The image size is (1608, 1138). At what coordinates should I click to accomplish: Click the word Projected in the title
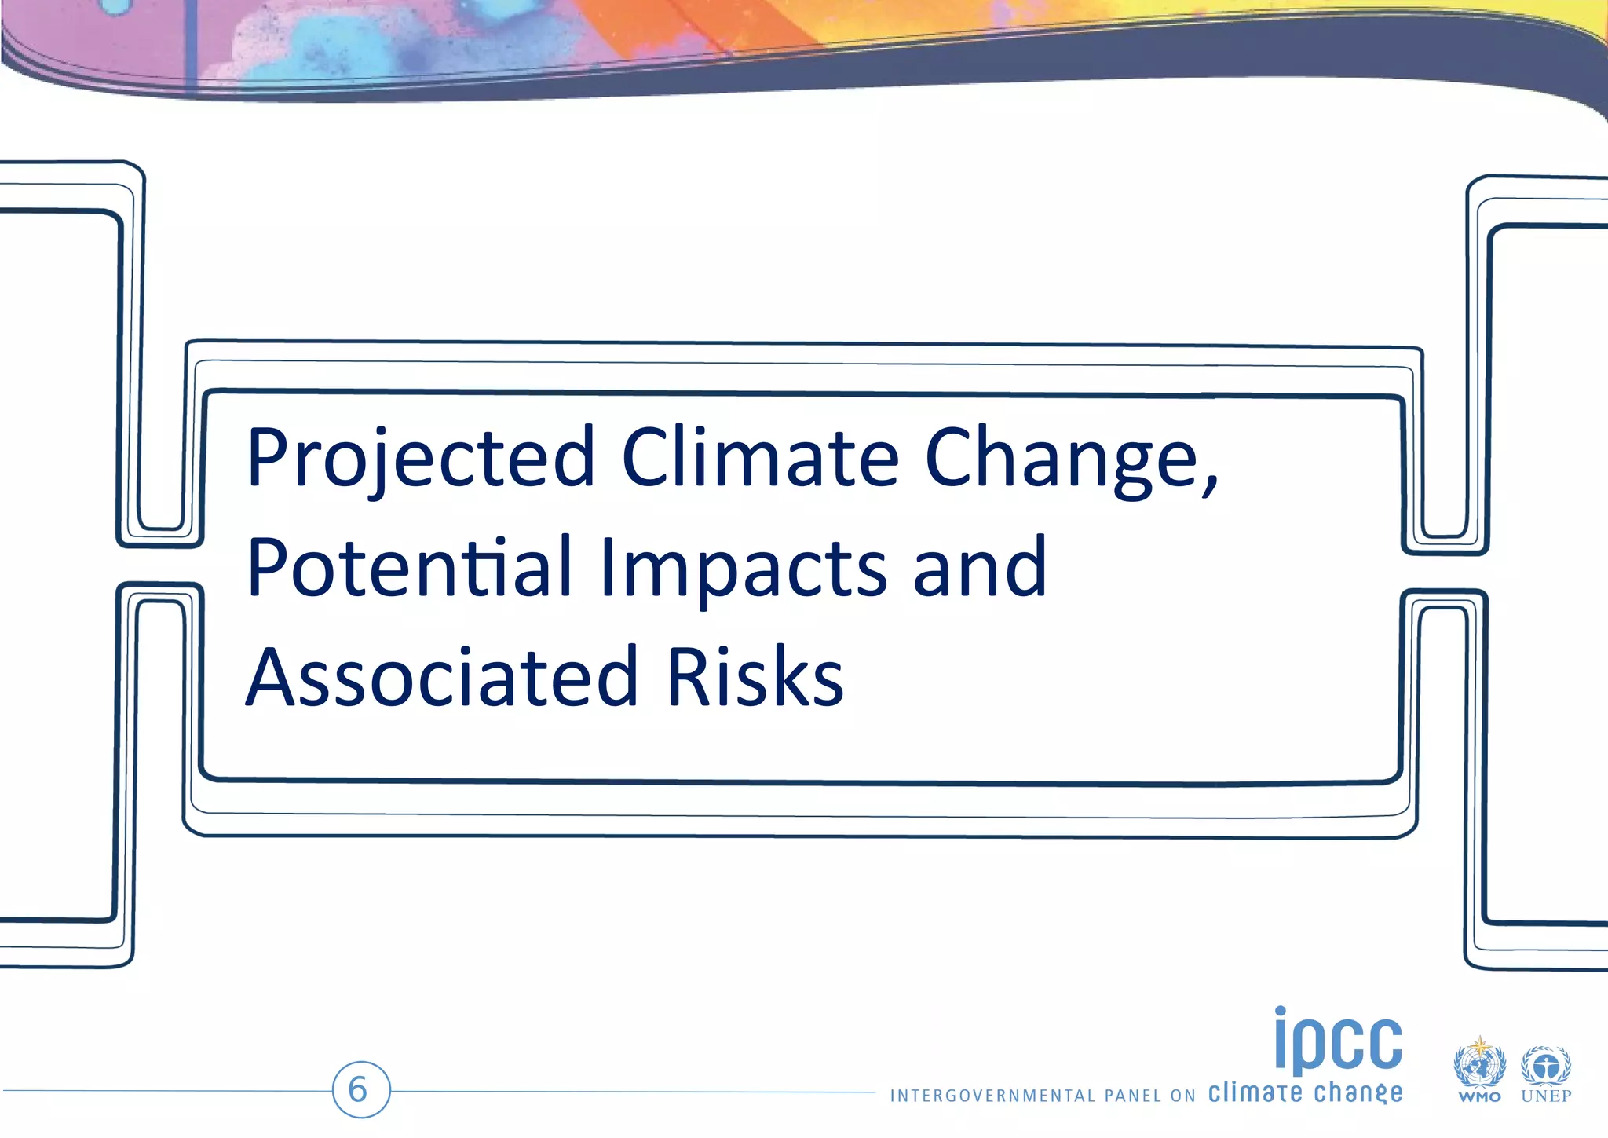pos(420,458)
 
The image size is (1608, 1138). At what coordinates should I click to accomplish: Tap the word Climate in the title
pos(760,458)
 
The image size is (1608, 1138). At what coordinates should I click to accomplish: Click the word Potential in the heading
pos(408,567)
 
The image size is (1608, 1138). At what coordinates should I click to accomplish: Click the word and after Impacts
pos(980,567)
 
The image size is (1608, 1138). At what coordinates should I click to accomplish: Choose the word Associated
pos(441,677)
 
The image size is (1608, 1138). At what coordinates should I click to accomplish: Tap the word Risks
pos(755,677)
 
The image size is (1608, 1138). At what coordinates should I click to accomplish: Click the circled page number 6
pos(360,1089)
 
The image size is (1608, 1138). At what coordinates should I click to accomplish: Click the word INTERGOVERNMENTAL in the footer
pos(992,1096)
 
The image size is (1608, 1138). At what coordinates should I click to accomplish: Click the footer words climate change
pos(1304,1092)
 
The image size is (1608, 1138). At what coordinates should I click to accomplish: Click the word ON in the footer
pos(1182,1096)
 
